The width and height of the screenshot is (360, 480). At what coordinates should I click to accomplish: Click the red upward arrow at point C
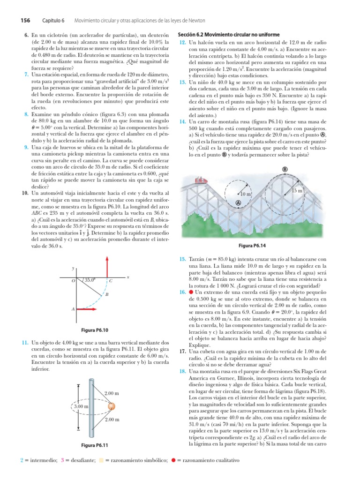[108, 268]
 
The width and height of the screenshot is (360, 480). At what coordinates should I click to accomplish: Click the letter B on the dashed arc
[107, 294]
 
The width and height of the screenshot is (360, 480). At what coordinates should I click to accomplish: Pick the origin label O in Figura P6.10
[73, 281]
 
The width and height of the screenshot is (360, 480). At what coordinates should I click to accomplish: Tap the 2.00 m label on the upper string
[112, 392]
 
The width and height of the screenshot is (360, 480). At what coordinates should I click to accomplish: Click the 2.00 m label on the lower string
[112, 420]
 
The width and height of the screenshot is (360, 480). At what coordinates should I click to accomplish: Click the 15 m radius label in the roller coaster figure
[297, 191]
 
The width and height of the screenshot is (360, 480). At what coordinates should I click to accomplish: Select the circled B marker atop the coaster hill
[285, 169]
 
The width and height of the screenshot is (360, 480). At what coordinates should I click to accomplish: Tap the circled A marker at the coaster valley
[238, 202]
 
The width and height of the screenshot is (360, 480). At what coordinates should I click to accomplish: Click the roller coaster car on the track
[201, 180]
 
